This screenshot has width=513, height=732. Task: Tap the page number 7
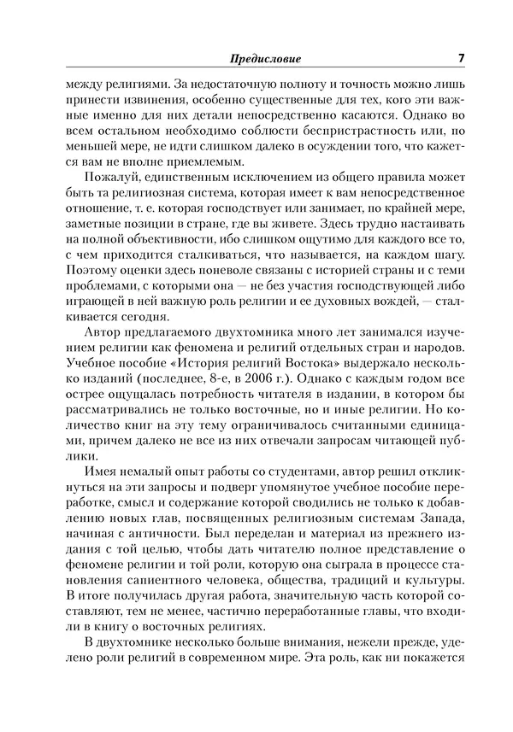click(461, 58)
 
